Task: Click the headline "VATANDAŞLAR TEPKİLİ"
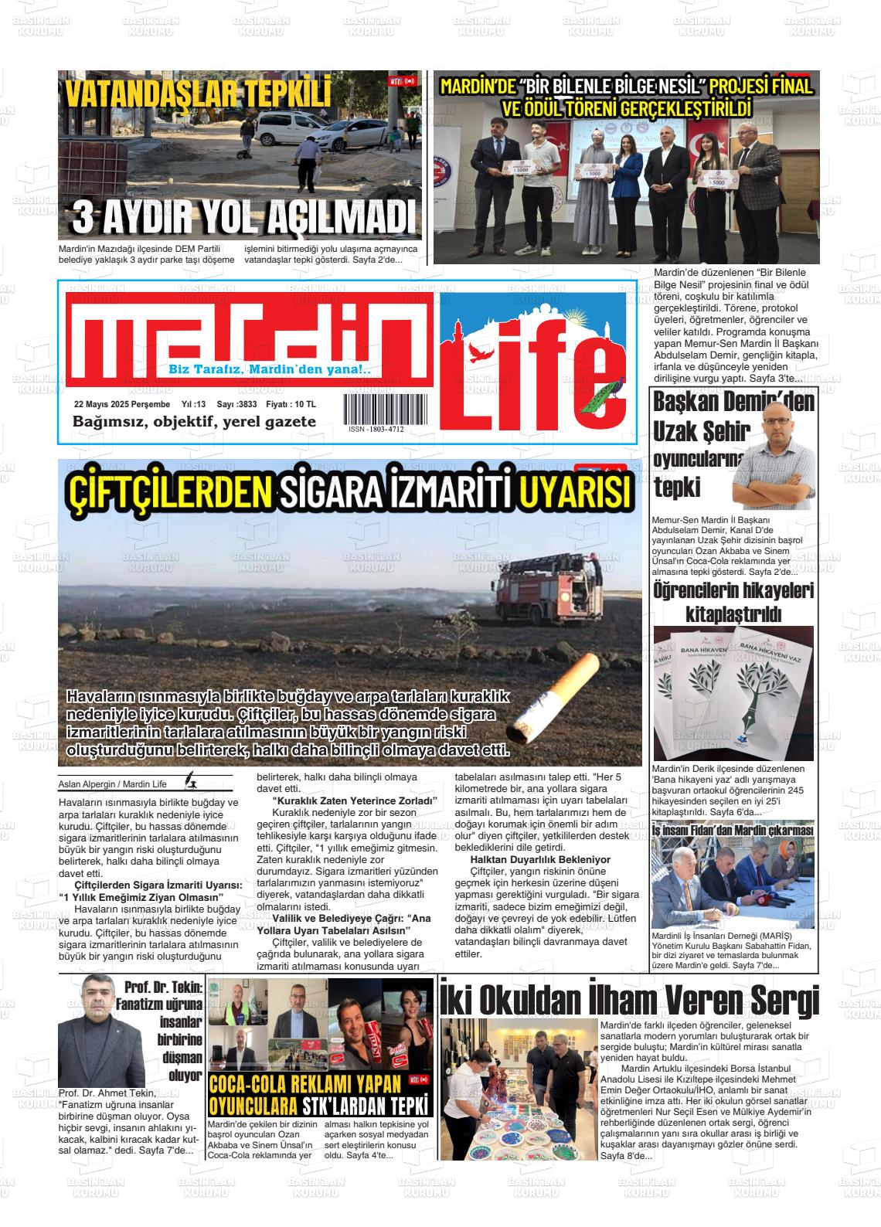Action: pos(197,94)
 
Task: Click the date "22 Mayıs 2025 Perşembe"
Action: pos(121,404)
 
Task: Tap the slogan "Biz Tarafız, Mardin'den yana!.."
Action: pos(270,369)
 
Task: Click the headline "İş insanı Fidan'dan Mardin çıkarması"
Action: pos(732,831)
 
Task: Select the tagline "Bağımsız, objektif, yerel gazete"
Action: pos(194,422)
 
